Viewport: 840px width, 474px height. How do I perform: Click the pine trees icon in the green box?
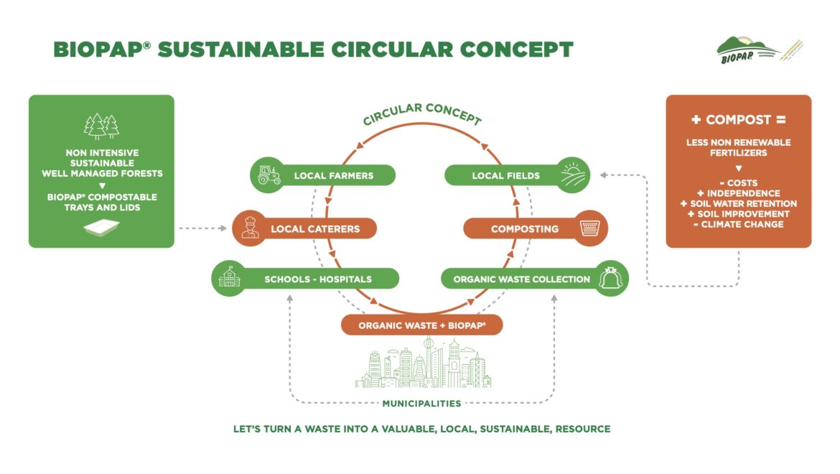point(101,127)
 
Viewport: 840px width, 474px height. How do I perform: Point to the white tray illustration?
point(101,228)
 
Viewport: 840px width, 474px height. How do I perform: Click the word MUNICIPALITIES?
point(421,404)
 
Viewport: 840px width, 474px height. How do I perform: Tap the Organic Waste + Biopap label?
point(421,325)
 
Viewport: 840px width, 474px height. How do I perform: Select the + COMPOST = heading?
point(738,120)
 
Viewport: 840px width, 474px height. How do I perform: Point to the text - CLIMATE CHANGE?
point(738,224)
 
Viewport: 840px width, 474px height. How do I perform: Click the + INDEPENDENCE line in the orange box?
point(738,193)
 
